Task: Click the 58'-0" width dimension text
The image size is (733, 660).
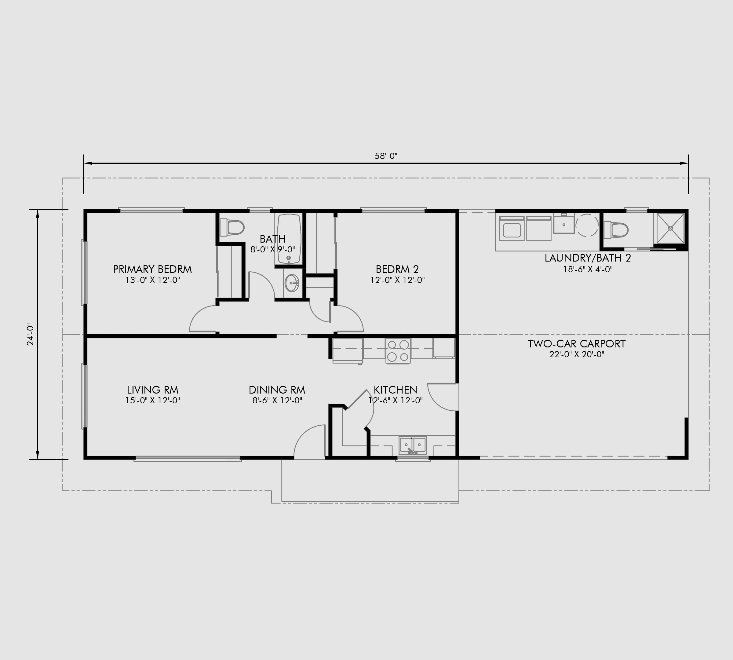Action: point(386,156)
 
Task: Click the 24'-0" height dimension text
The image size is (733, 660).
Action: point(31,334)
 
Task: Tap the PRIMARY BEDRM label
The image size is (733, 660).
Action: point(152,269)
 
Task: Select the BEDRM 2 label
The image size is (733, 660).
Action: point(397,269)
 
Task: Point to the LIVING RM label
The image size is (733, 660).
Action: point(153,390)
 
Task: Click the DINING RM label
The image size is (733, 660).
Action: point(277,390)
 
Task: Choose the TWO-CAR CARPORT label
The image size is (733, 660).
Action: point(576,344)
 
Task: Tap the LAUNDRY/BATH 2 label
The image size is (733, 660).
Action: point(588,258)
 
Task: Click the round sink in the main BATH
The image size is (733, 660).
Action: point(291,283)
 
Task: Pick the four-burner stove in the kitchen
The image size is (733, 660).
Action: point(398,351)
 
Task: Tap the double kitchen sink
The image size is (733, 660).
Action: point(413,445)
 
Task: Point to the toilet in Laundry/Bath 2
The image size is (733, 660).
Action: point(616,230)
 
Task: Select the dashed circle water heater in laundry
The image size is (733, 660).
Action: point(587,225)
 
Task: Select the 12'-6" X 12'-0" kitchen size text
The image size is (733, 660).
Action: point(396,401)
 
